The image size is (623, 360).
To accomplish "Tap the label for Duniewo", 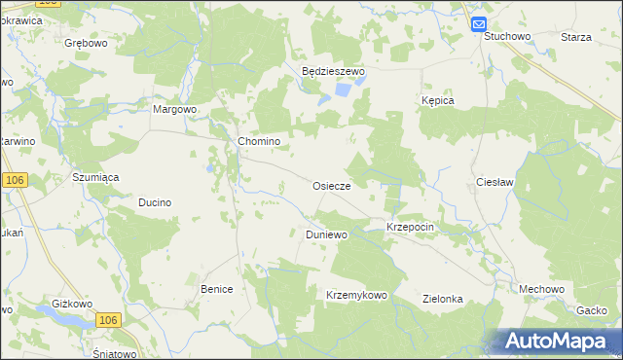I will (x=327, y=234).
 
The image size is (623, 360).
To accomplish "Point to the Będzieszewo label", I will (x=332, y=71).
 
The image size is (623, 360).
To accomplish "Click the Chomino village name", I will (x=260, y=141).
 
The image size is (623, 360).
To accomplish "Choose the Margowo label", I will (x=175, y=109).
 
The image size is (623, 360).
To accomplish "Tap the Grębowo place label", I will (x=86, y=44).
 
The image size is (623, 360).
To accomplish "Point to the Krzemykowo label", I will (x=357, y=295).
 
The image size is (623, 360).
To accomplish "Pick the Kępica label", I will (x=439, y=100).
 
